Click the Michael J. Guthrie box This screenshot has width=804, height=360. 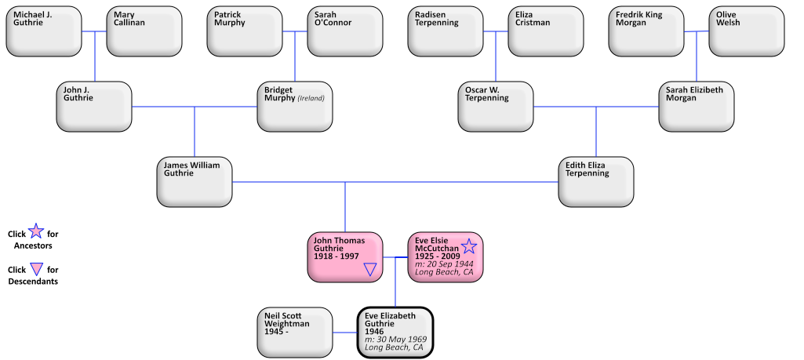[44, 31]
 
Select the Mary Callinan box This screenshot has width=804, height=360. [144, 31]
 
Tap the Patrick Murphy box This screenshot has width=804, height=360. [245, 31]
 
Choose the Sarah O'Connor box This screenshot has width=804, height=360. [345, 31]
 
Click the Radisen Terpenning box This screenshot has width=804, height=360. [446, 31]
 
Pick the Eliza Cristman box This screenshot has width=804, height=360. [546, 31]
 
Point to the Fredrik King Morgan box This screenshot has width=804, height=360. [646, 31]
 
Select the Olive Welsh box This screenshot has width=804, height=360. [747, 31]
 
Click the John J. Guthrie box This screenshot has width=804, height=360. [94, 107]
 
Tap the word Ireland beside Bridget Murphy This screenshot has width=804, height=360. [311, 99]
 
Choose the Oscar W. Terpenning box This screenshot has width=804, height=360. [496, 107]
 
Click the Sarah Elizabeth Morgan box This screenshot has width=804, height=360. [697, 107]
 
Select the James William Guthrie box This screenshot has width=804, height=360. [195, 182]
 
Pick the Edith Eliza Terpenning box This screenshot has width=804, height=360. [596, 182]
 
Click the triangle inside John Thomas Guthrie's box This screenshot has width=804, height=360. [371, 270]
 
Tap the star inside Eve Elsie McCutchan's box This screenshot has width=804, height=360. [469, 246]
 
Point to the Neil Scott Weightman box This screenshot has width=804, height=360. [295, 333]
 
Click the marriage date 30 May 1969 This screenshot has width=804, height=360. [397, 340]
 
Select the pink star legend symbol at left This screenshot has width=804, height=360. [36, 231]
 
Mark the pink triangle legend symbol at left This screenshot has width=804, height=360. [36, 269]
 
